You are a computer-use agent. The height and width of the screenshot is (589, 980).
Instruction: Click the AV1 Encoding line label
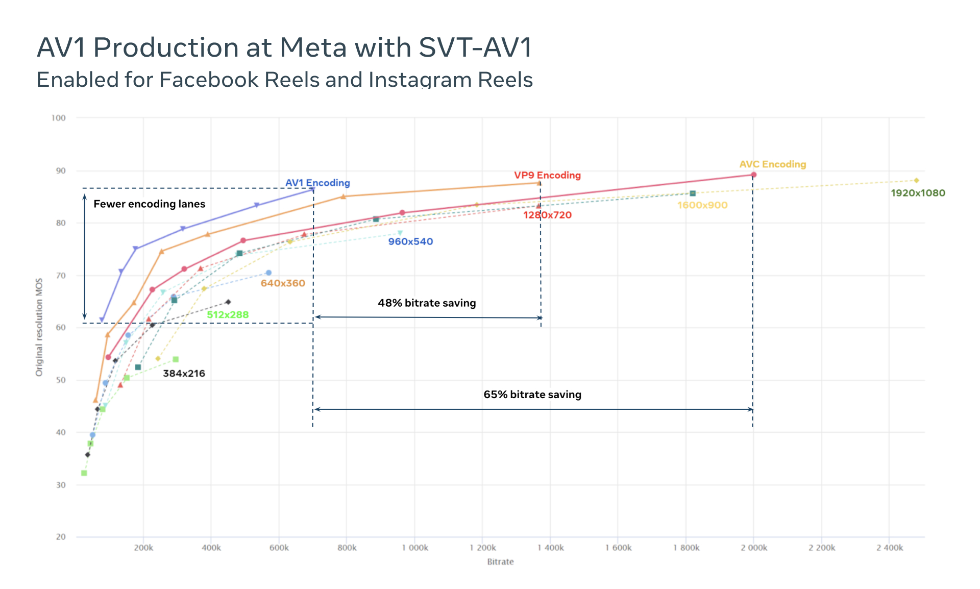[317, 183]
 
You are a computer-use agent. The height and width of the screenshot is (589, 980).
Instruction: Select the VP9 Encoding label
[547, 175]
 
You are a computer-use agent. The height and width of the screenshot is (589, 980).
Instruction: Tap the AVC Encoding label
[772, 164]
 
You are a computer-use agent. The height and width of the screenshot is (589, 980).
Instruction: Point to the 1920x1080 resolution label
[918, 193]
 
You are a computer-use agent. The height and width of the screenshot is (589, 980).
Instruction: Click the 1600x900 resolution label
[702, 205]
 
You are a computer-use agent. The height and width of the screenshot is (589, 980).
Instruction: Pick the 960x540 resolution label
[410, 241]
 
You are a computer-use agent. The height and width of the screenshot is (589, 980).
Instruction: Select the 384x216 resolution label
[184, 373]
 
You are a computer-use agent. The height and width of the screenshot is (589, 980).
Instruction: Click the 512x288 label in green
[228, 314]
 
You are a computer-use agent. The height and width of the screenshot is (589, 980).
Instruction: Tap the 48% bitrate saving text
[427, 303]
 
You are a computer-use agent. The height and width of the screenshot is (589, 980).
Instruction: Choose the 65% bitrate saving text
[532, 394]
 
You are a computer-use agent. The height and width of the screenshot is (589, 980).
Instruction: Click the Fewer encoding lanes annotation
[149, 204]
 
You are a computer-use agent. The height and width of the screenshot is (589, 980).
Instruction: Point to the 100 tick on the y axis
[59, 118]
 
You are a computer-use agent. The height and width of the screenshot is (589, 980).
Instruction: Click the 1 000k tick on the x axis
[414, 548]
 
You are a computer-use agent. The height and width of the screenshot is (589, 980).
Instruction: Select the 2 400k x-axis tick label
[889, 548]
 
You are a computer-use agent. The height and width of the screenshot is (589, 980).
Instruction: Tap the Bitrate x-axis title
[500, 561]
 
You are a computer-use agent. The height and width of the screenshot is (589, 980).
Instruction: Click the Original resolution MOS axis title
[39, 327]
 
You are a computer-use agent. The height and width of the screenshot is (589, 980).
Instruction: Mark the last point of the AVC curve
[753, 175]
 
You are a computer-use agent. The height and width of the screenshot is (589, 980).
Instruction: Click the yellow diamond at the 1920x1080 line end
[916, 180]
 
